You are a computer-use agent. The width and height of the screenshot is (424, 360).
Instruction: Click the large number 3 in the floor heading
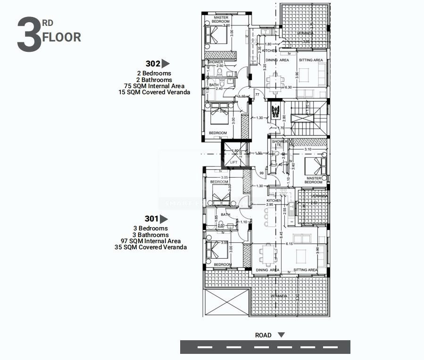click(29, 35)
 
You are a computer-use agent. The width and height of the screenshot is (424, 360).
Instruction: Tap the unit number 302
click(152, 63)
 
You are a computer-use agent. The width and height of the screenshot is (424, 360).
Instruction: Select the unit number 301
click(151, 219)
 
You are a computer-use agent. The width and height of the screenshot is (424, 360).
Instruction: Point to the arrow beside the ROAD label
click(282, 335)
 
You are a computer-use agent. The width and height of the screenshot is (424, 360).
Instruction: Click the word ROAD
click(263, 335)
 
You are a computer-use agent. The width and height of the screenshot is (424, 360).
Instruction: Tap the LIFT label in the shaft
click(234, 162)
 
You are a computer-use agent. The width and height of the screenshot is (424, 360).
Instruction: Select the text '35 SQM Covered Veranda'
click(150, 247)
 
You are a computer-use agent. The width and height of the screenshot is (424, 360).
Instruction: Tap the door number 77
click(258, 95)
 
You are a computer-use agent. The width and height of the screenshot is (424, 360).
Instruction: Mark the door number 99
click(262, 173)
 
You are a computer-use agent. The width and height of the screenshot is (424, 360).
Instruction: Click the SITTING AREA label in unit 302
click(311, 60)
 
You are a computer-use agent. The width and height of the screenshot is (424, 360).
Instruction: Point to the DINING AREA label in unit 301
click(268, 270)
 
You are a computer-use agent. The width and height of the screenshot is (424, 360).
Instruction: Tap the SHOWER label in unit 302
click(215, 62)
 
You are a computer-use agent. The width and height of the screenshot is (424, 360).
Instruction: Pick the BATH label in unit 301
click(225, 214)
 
